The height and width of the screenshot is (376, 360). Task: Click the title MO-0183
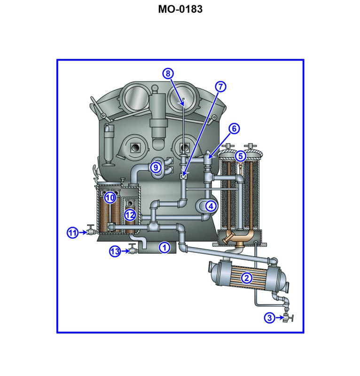tap(180, 9)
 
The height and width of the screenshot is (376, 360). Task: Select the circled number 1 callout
tap(164, 247)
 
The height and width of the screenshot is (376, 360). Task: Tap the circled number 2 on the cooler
tap(246, 278)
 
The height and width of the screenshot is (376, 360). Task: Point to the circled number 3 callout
tap(269, 318)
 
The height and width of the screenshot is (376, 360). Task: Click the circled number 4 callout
tap(211, 205)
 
